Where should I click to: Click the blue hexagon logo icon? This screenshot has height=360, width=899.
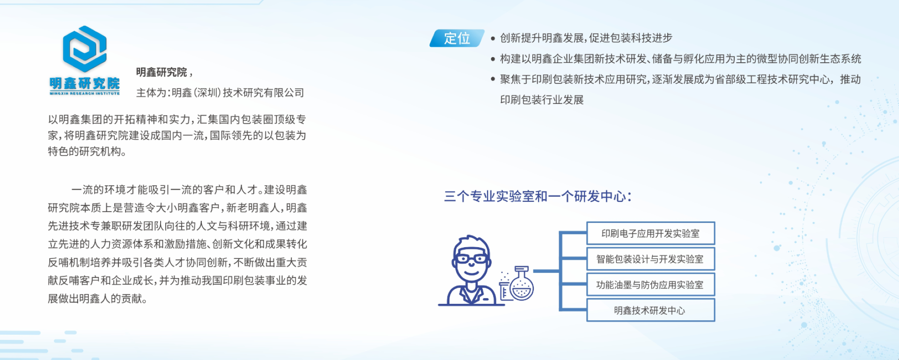coord(85,49)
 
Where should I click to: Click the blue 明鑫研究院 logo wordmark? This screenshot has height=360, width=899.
coord(85,84)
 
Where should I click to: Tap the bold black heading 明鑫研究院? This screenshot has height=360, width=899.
coord(162,72)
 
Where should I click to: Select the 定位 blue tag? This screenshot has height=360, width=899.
coord(457,38)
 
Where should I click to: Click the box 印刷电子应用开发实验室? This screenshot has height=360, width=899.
coord(651,233)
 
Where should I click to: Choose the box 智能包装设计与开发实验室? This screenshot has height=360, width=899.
coord(651,259)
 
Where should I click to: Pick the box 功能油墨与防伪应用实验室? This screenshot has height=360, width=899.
coord(651,285)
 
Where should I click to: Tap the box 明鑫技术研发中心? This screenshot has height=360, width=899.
coord(651,310)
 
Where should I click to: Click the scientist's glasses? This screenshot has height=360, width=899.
coord(471,258)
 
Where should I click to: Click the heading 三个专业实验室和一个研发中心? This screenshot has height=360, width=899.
coord(538,196)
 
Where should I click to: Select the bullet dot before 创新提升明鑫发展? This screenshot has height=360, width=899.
coord(493,38)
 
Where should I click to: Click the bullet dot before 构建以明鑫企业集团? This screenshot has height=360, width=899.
coord(493,59)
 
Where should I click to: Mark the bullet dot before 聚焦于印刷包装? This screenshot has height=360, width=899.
coord(493,80)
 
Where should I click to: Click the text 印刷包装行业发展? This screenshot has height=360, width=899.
coord(542,100)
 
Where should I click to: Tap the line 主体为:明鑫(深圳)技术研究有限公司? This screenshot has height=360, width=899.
coord(220,93)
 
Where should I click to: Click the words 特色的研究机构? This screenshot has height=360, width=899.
coord(87,151)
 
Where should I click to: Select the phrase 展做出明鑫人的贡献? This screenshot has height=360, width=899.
coord(97,299)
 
